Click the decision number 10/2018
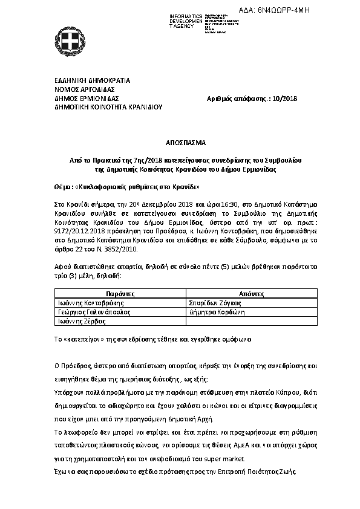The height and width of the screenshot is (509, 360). [284, 99]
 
